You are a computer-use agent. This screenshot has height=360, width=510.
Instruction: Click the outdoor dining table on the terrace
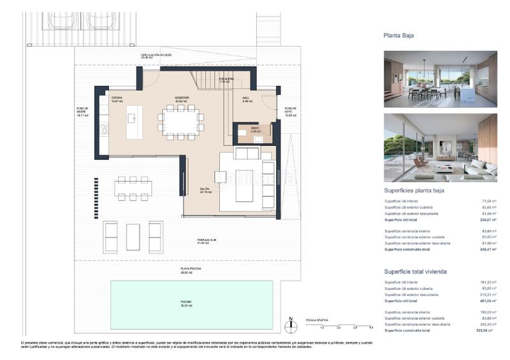(134, 188)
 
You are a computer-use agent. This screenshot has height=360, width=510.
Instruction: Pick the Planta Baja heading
(399, 36)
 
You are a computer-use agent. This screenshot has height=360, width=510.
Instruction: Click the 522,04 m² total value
(487, 331)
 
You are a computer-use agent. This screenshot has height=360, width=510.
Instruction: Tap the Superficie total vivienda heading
(415, 271)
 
